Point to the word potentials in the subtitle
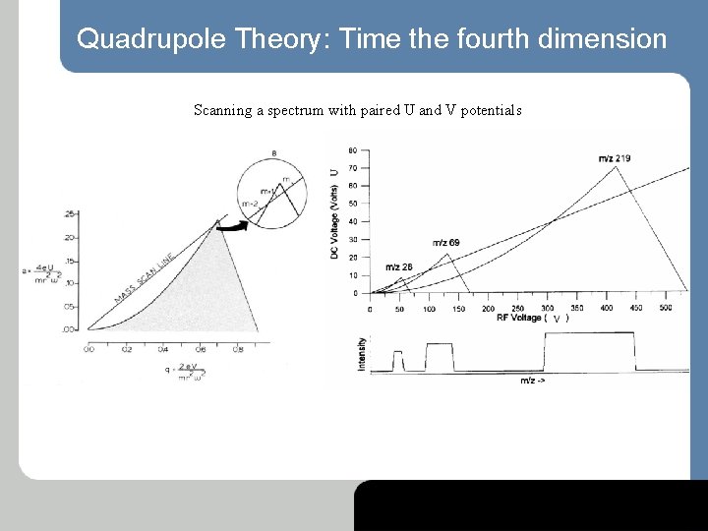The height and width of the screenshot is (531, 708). click(x=489, y=110)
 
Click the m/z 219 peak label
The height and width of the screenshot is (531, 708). click(x=615, y=158)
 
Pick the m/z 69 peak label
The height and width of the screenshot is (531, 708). click(x=445, y=243)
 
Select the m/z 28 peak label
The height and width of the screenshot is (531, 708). click(x=398, y=266)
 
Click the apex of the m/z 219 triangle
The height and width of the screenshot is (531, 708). click(x=616, y=166)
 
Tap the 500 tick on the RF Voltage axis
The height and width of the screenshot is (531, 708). click(x=666, y=308)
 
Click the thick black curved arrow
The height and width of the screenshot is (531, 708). click(x=231, y=226)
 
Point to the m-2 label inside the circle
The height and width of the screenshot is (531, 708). click(x=250, y=204)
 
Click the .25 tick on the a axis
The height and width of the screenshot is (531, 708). click(x=69, y=213)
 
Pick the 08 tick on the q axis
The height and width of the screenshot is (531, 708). click(x=238, y=348)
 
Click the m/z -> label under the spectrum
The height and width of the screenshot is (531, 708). click(x=532, y=380)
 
